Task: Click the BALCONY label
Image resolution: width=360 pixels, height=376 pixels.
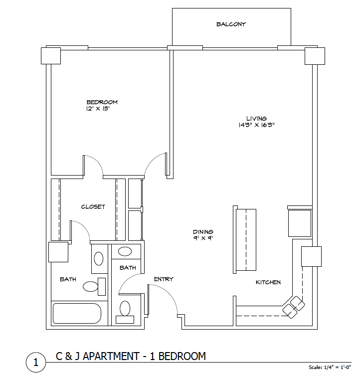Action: [x=231, y=24]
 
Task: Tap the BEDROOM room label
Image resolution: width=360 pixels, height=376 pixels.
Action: [x=102, y=102]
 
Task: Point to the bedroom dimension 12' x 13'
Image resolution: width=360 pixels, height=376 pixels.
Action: [x=98, y=108]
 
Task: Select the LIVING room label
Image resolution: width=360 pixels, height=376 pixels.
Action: [x=256, y=119]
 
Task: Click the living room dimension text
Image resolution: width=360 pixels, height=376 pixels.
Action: [x=256, y=125]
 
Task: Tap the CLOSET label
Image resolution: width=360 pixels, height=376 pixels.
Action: [x=93, y=207]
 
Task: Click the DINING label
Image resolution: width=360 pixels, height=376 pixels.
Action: [x=203, y=232]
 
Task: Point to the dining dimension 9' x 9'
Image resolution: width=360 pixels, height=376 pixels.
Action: [x=203, y=238]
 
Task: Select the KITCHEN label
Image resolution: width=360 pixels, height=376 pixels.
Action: [x=268, y=282]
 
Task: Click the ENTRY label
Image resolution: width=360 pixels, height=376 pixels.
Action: [x=164, y=279]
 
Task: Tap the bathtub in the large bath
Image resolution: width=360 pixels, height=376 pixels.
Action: [x=77, y=313]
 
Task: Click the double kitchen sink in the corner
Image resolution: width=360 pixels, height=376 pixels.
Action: [x=294, y=307]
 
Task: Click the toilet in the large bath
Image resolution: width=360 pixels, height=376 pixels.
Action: [x=94, y=287]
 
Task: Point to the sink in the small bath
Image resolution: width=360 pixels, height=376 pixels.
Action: [x=125, y=251]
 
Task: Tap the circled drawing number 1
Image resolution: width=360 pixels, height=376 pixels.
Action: [x=36, y=362]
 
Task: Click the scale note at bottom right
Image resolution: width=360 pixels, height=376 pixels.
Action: [x=330, y=367]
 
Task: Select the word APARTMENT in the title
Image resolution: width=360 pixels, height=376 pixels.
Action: [x=111, y=356]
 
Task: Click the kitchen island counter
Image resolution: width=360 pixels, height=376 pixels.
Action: [x=245, y=239]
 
